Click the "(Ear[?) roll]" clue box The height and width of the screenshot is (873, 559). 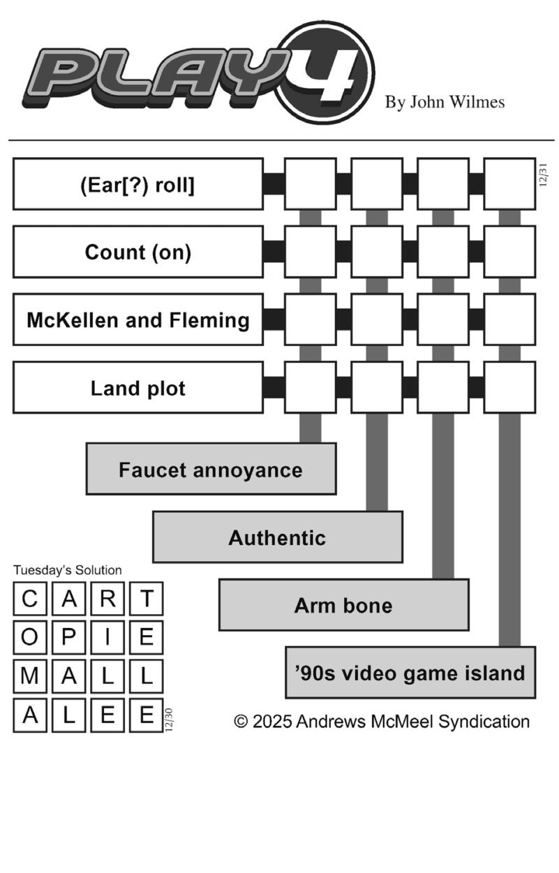[x=138, y=184]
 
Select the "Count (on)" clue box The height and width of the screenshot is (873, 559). [x=138, y=252]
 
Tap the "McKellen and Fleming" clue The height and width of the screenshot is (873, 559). [x=138, y=320]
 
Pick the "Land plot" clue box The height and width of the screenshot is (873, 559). [x=138, y=387]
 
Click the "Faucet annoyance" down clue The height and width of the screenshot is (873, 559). [x=211, y=469]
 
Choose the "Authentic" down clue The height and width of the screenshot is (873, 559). [x=277, y=537]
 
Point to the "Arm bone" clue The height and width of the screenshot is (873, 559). [x=343, y=604]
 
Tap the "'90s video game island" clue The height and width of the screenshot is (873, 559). [x=410, y=672]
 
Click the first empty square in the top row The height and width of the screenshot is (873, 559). [x=310, y=184]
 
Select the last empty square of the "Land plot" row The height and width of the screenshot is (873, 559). [x=509, y=387]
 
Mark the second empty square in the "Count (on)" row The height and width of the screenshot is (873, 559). [x=377, y=252]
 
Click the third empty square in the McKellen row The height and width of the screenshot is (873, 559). [x=443, y=320]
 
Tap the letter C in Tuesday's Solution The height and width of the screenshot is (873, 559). [x=30, y=599]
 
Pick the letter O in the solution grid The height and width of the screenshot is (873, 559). [x=30, y=637]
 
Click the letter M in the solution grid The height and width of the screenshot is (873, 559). [x=30, y=676]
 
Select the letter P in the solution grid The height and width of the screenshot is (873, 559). [x=69, y=637]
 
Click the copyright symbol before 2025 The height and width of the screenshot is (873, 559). [x=241, y=721]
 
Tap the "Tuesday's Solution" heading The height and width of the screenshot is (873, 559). [x=67, y=570]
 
